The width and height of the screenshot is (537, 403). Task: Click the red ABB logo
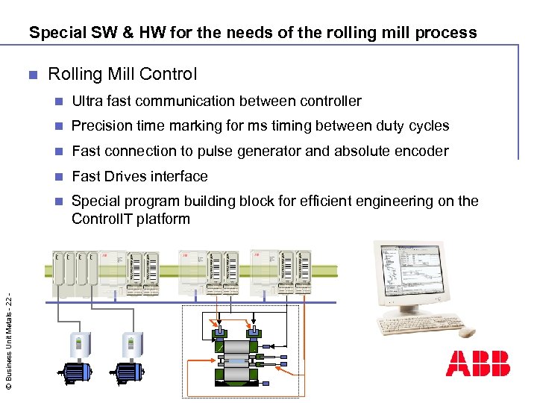click(478, 363)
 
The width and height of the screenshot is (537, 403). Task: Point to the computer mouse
click(468, 332)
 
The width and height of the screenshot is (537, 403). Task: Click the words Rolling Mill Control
click(122, 74)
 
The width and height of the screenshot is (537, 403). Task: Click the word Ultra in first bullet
click(86, 101)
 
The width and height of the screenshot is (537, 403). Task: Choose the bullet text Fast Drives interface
click(139, 177)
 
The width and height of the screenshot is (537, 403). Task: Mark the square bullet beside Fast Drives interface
click(60, 177)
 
